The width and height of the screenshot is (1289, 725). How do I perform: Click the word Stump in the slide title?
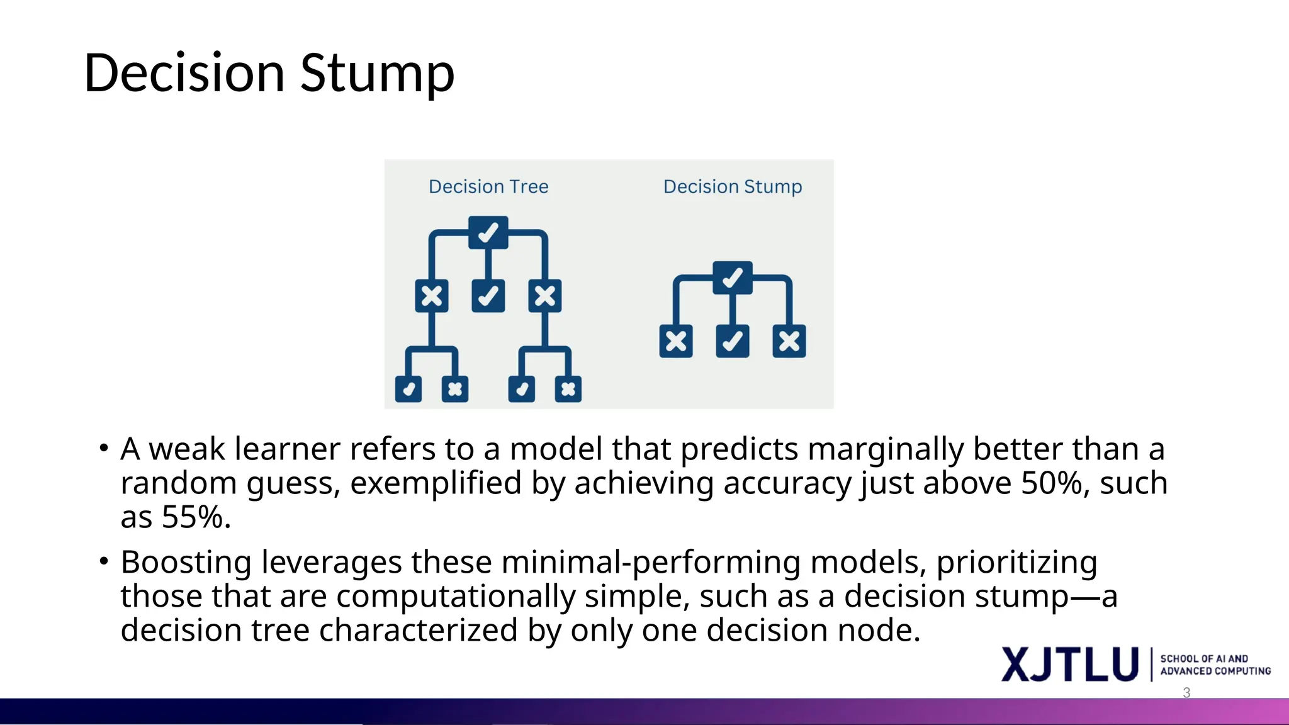[377, 74]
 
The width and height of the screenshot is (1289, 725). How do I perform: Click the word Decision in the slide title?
[184, 74]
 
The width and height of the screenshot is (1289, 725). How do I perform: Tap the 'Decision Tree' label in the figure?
[488, 187]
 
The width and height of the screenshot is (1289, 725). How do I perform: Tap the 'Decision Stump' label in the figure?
[733, 187]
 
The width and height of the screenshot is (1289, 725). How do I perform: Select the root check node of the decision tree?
[488, 233]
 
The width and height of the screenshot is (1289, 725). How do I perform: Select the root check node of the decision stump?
[733, 278]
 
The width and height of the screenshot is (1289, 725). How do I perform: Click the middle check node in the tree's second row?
[488, 296]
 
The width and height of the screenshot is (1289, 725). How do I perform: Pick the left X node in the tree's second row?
[432, 296]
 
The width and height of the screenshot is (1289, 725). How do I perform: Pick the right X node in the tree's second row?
[545, 296]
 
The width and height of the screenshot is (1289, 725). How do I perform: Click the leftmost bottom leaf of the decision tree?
[408, 389]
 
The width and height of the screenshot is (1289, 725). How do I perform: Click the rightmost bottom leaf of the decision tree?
[568, 389]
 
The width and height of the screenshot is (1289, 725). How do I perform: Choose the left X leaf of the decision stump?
[676, 341]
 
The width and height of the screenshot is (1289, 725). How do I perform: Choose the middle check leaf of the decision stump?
[733, 341]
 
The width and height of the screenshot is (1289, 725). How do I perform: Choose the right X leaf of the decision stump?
[789, 341]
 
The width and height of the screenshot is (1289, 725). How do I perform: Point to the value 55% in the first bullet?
[193, 517]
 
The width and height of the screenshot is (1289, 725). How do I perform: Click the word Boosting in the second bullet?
[186, 562]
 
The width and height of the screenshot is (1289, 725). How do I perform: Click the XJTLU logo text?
[1070, 665]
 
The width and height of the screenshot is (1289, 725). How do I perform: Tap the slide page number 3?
[1186, 693]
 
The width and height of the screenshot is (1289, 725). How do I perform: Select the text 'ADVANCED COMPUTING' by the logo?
[1215, 672]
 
